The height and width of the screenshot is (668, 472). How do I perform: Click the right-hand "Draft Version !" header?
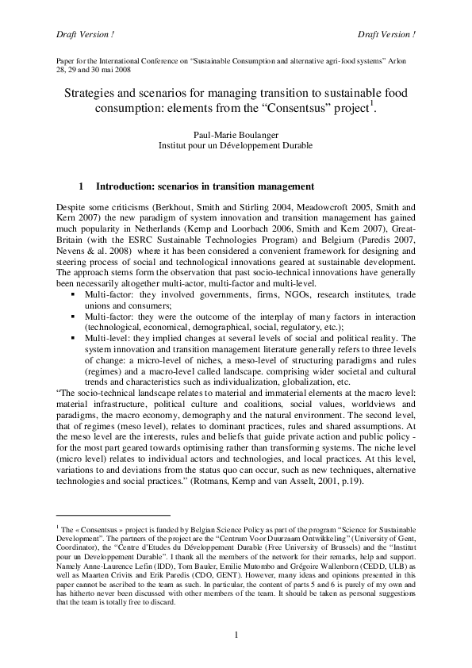[x=387, y=34]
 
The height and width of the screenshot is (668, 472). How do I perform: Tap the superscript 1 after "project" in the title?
[x=375, y=105]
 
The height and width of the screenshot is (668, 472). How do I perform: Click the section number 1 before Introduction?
[x=83, y=187]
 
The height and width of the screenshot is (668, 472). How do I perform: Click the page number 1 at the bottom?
[x=236, y=634]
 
